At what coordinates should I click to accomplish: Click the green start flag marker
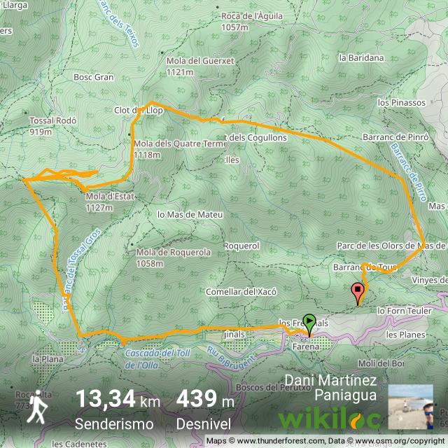pyautogui.click(x=309, y=323)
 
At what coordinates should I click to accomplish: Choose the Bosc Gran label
pyautogui.click(x=93, y=77)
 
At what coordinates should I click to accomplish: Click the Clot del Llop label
pyautogui.click(x=138, y=111)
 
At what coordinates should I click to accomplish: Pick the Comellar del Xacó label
pyautogui.click(x=241, y=291)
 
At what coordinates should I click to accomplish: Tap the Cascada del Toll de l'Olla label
pyautogui.click(x=155, y=358)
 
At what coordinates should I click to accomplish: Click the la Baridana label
pyautogui.click(x=361, y=58)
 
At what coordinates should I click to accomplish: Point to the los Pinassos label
pyautogui.click(x=401, y=103)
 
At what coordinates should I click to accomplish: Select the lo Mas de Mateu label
pyautogui.click(x=190, y=214)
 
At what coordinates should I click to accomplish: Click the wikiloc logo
pyautogui.click(x=330, y=419)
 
